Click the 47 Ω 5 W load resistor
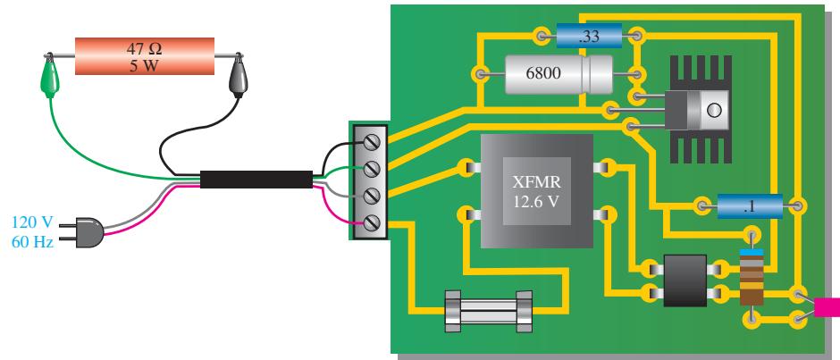(144, 56)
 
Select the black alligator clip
(238, 79)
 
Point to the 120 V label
(33, 222)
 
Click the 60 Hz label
(33, 242)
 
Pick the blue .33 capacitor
(589, 37)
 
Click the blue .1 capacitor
(750, 205)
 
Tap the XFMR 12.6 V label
(537, 190)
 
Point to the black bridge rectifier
(685, 280)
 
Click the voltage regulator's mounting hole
(714, 111)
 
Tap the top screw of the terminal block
(372, 142)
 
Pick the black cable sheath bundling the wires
(256, 180)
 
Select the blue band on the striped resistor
(752, 251)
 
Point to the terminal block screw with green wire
(372, 169)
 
